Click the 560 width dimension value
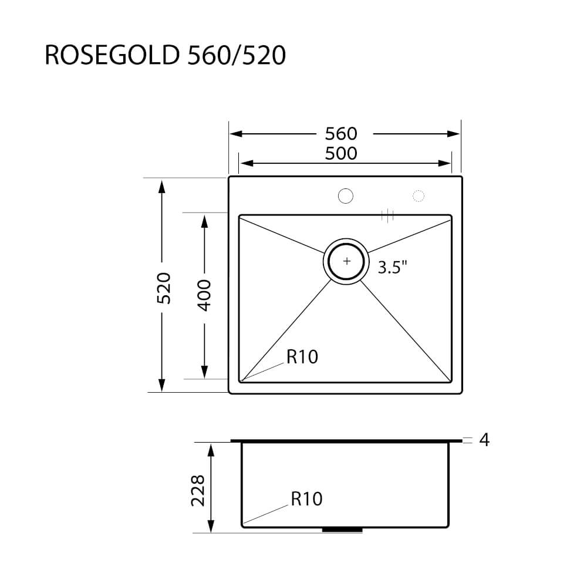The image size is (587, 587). click(x=340, y=134)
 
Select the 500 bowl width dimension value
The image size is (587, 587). click(x=340, y=153)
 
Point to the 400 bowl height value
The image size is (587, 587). click(x=204, y=295)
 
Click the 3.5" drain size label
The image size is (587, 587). click(x=393, y=268)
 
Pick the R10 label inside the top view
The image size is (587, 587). click(x=302, y=356)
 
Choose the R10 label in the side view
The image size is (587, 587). click(x=306, y=499)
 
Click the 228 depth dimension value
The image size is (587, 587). click(x=198, y=490)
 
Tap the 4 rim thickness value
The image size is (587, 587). click(x=484, y=440)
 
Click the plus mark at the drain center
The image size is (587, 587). click(x=347, y=261)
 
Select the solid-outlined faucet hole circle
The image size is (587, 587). click(x=345, y=195)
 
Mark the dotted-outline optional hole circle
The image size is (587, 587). click(x=419, y=196)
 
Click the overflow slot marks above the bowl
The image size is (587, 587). click(x=387, y=215)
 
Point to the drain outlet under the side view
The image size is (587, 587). click(x=342, y=530)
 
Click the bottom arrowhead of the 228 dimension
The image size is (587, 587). click(x=211, y=526)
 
